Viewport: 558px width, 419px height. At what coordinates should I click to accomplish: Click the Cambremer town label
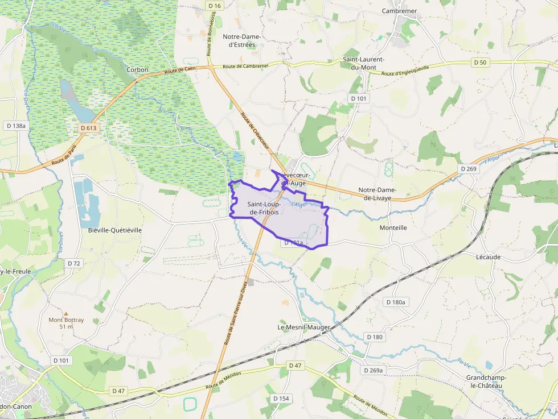(x=399, y=11)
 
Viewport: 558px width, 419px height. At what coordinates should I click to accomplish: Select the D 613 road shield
(x=89, y=128)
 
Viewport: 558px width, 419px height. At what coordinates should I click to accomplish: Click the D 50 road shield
(x=480, y=63)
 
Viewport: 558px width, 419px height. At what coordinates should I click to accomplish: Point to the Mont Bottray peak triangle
(x=65, y=313)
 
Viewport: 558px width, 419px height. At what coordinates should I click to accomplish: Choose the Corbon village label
(x=138, y=70)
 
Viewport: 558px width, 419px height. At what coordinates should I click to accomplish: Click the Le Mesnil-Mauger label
(x=303, y=327)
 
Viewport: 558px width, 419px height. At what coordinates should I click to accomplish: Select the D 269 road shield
(x=467, y=169)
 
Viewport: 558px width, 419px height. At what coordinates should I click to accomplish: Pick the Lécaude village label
(x=488, y=257)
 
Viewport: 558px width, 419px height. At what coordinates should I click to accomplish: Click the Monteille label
(x=393, y=227)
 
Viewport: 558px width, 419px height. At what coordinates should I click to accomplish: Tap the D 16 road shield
(x=215, y=6)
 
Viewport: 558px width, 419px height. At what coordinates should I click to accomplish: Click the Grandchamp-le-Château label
(x=484, y=381)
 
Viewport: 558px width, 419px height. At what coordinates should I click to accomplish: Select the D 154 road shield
(x=281, y=399)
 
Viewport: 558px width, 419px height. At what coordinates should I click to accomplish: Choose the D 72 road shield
(x=74, y=263)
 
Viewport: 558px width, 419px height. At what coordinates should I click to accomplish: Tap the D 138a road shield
(x=15, y=125)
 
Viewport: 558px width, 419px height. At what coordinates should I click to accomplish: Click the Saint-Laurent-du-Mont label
(x=363, y=63)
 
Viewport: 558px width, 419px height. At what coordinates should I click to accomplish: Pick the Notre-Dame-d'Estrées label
(x=241, y=40)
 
